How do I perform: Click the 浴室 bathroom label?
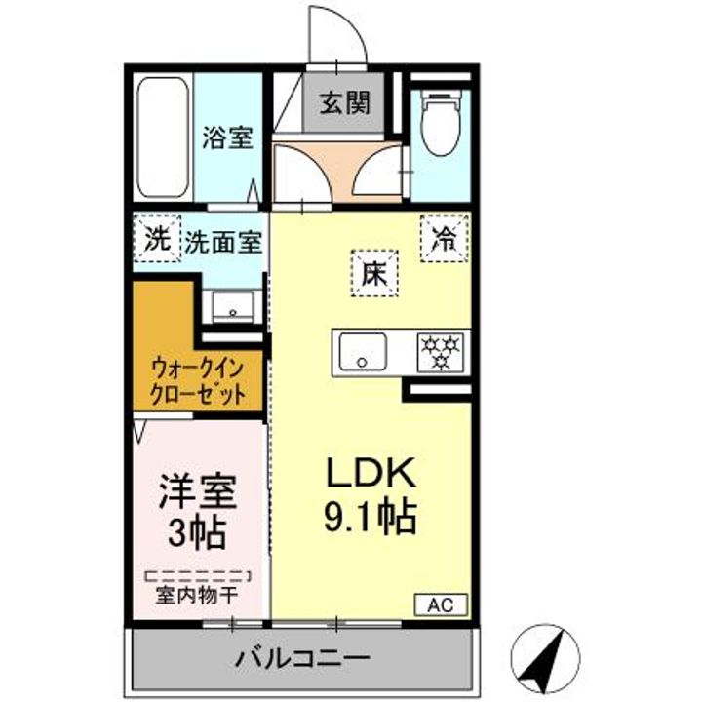(227, 138)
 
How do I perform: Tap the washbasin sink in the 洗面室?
(233, 306)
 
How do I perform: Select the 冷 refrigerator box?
(444, 237)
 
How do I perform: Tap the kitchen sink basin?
(363, 351)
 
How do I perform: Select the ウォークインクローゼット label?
(197, 382)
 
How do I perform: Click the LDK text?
(370, 475)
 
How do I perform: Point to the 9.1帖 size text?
(370, 516)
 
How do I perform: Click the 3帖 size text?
(198, 532)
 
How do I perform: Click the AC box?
(442, 604)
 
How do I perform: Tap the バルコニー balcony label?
(301, 658)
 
